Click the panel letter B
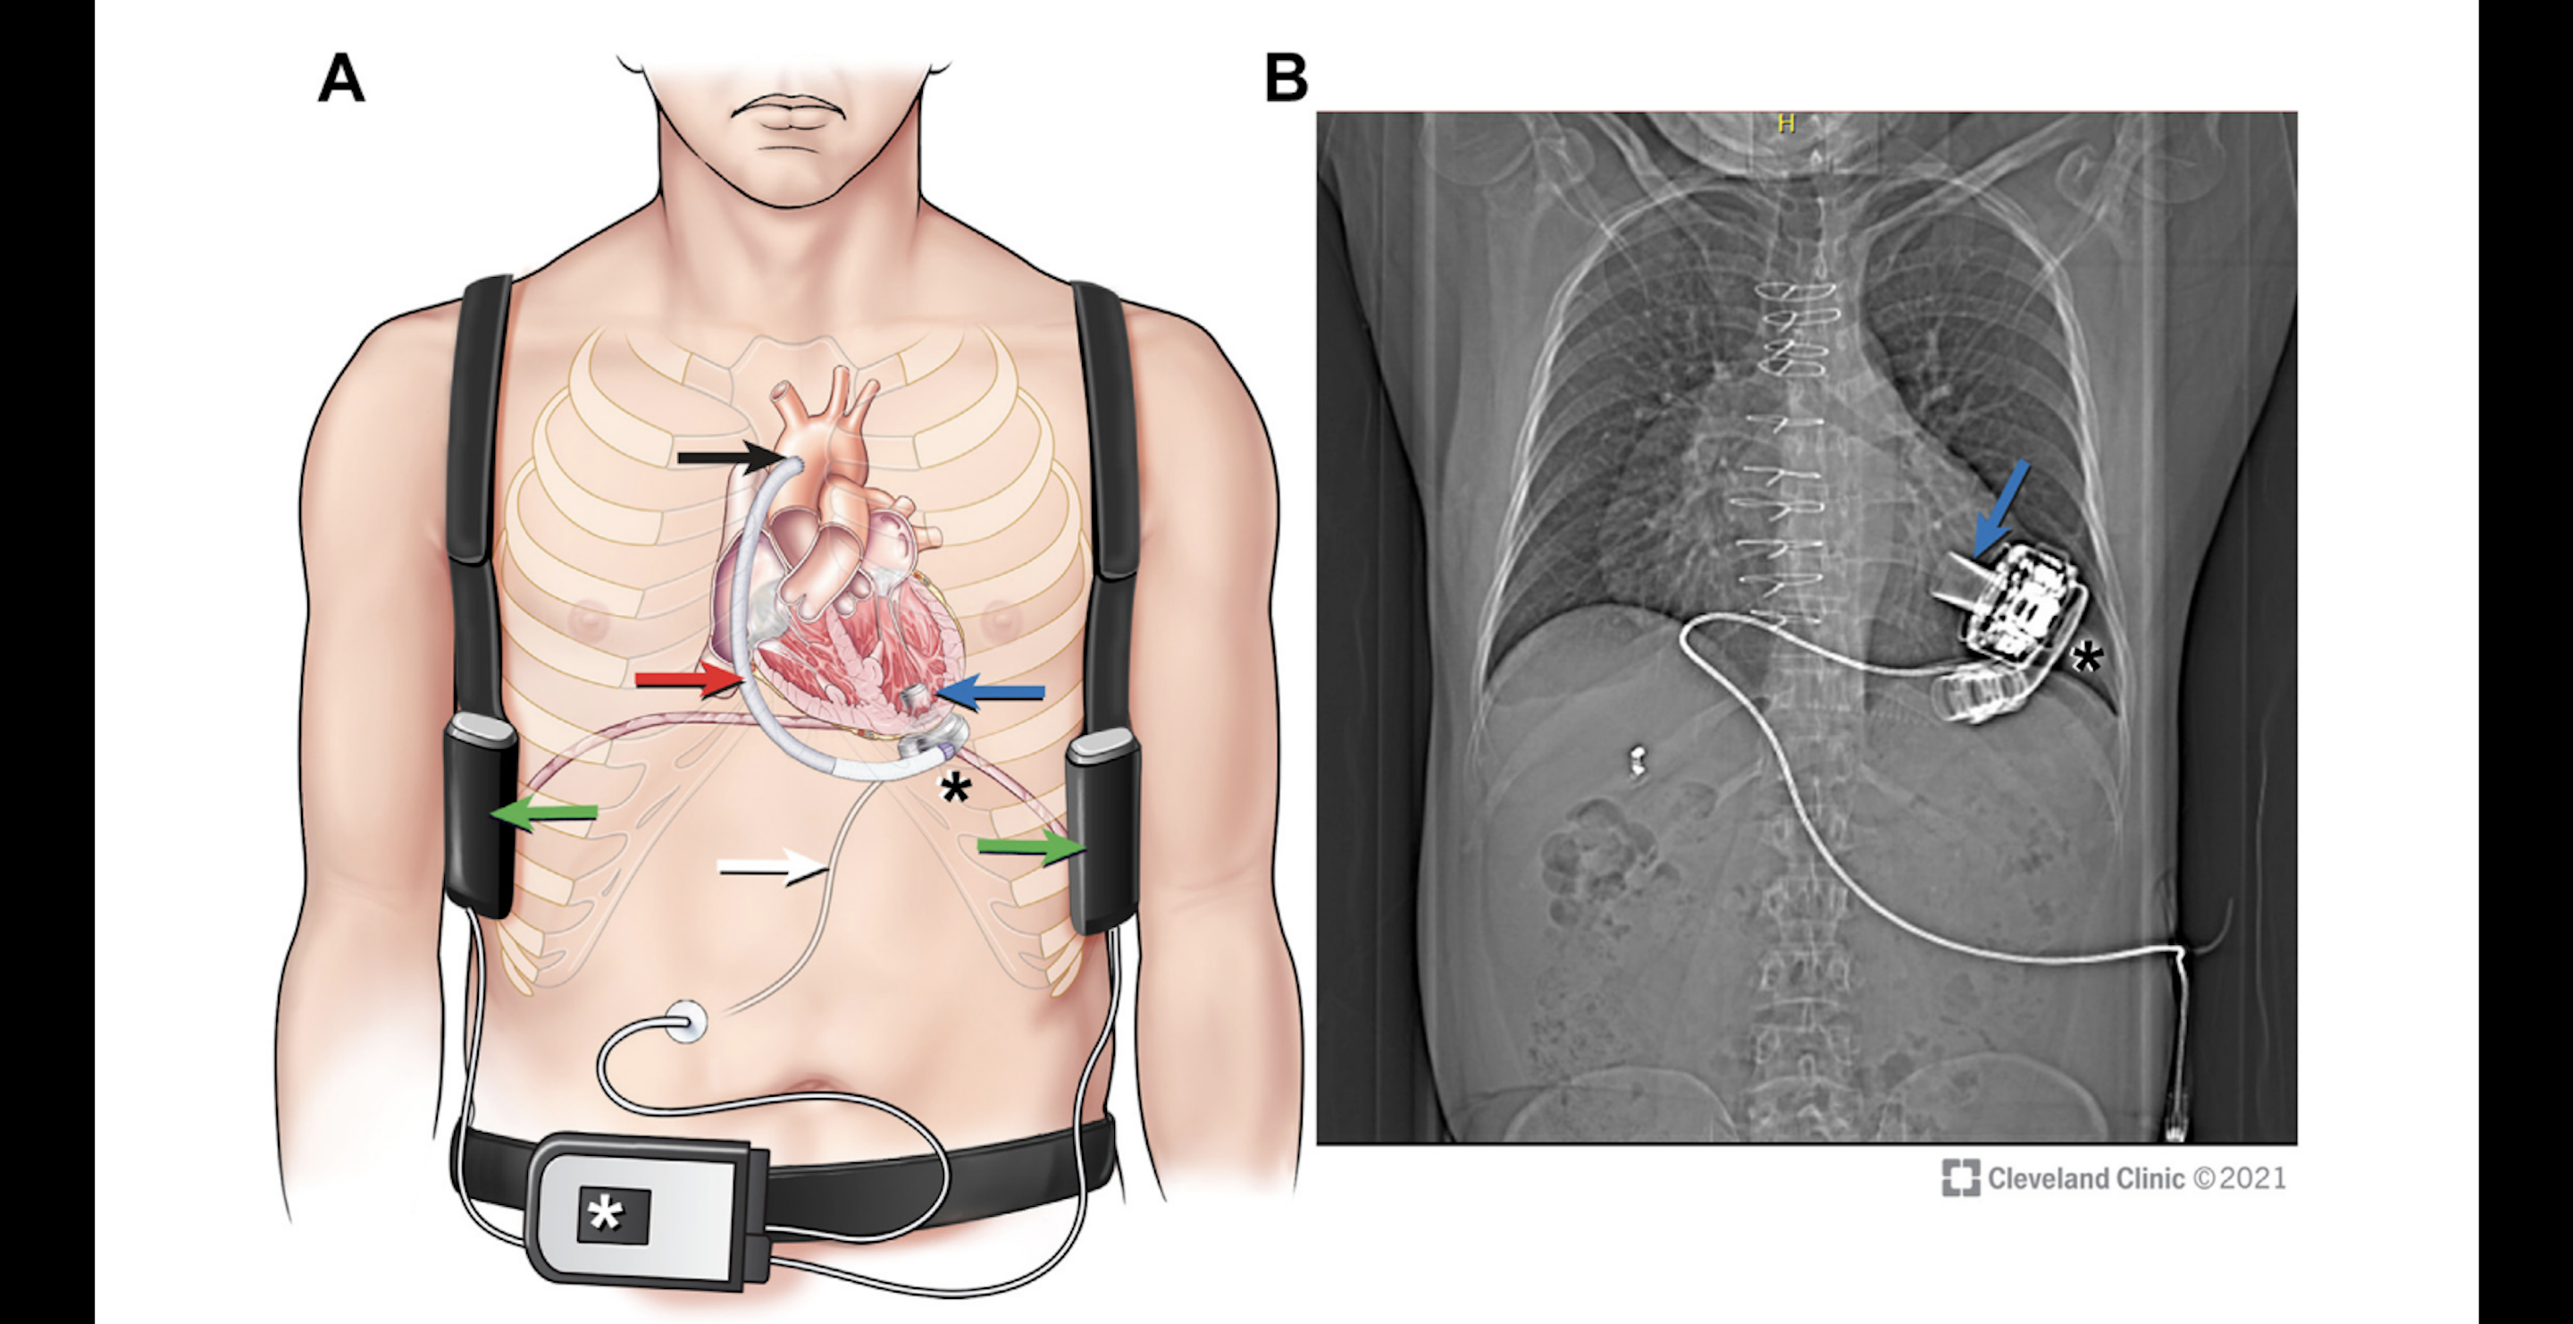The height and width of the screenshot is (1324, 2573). click(1286, 78)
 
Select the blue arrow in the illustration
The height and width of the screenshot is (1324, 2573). click(992, 691)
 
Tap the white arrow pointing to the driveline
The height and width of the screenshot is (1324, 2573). click(773, 868)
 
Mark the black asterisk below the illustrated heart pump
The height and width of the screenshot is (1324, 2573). click(955, 789)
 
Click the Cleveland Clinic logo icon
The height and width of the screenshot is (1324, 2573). click(1960, 1177)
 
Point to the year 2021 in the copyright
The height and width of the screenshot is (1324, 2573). click(2254, 1178)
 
